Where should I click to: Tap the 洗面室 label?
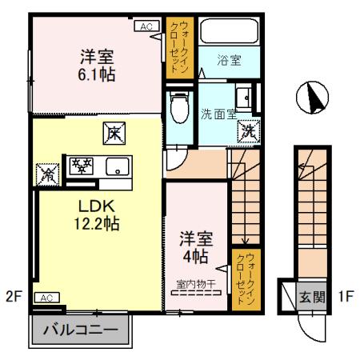coord(218,114)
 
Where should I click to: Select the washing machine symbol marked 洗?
coord(250,130)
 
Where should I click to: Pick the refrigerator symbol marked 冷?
coord(46,170)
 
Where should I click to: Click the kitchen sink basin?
coord(120,167)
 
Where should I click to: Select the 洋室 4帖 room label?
coord(194,247)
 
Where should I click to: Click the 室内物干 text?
coord(196,282)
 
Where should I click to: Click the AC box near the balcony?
coord(46,298)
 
